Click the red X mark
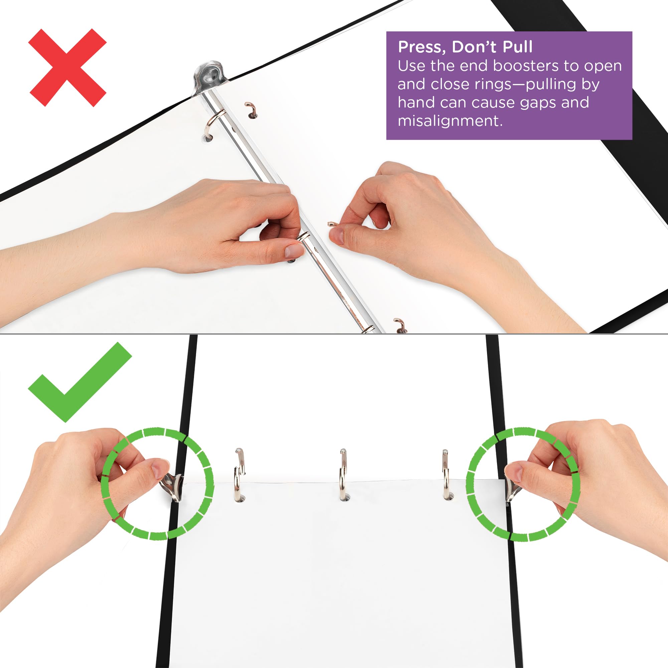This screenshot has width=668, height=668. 68,68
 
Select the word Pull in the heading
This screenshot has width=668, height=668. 517,47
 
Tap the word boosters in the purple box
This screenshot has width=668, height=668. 525,66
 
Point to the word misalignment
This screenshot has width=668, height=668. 450,121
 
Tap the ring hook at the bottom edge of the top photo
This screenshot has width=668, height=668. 400,325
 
